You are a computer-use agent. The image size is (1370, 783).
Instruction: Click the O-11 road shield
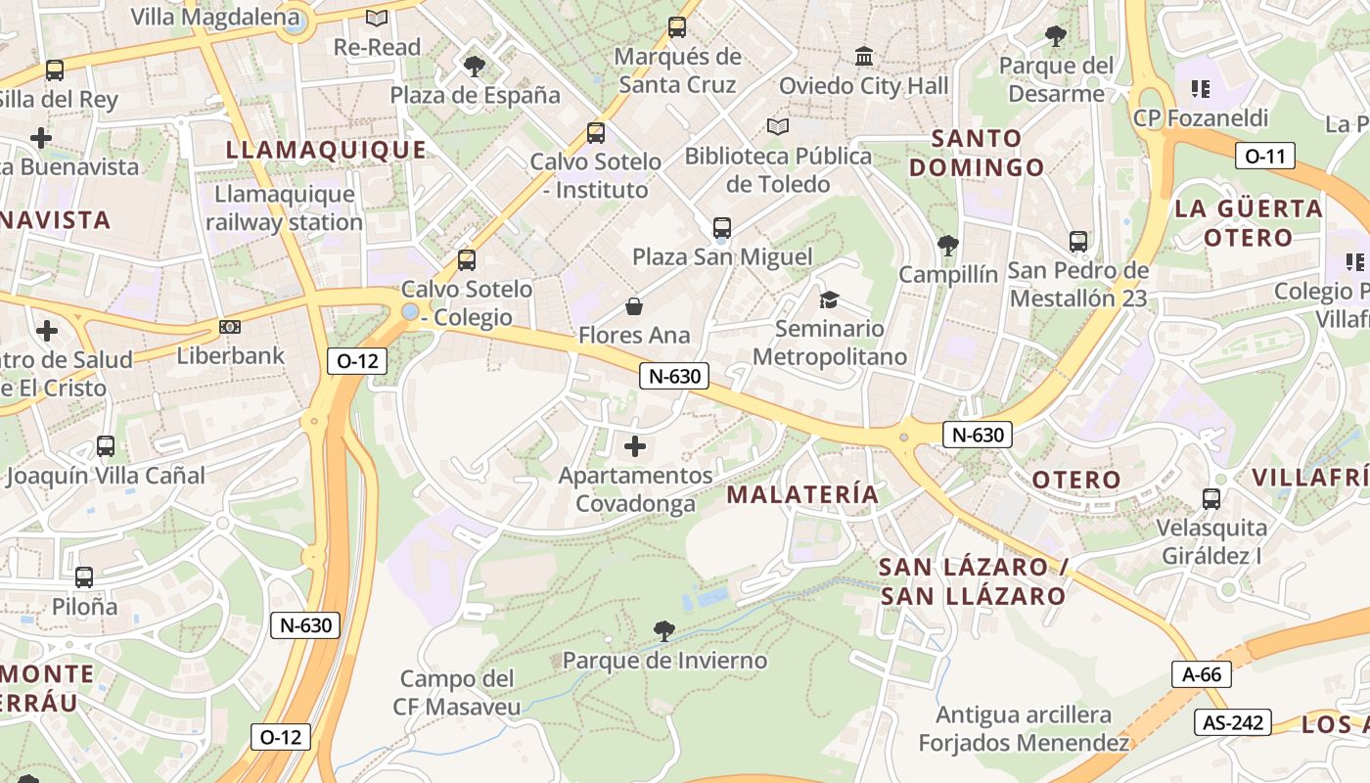click(1264, 156)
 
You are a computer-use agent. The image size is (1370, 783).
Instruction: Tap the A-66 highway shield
click(1201, 673)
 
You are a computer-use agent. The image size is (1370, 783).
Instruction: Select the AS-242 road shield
click(1232, 723)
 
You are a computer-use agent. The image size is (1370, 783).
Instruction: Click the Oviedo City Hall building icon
click(864, 57)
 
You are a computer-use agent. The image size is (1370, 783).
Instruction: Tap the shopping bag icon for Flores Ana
click(634, 307)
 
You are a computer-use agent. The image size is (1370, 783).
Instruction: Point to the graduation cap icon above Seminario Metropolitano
click(829, 299)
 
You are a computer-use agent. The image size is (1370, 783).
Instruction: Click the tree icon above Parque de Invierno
click(663, 631)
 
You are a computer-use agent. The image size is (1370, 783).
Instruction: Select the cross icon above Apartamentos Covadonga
click(635, 447)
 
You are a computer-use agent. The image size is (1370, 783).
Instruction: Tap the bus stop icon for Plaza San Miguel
click(722, 228)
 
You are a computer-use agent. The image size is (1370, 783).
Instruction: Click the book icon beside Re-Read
click(377, 18)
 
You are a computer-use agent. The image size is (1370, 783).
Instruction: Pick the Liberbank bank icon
click(230, 327)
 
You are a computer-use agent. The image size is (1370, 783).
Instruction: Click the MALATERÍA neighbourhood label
click(802, 494)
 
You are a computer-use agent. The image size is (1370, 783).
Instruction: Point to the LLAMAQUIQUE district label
click(327, 150)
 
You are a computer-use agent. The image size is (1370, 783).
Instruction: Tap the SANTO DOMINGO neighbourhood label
click(977, 153)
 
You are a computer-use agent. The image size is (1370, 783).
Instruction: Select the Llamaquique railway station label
click(284, 208)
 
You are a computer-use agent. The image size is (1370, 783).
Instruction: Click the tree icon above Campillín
click(947, 246)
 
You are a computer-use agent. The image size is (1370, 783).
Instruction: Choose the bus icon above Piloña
click(84, 577)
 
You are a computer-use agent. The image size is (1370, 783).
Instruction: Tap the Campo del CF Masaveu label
click(457, 693)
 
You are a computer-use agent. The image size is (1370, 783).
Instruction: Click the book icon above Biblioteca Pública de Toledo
click(778, 127)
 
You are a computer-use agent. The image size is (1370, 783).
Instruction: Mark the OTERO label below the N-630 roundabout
click(1076, 480)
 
